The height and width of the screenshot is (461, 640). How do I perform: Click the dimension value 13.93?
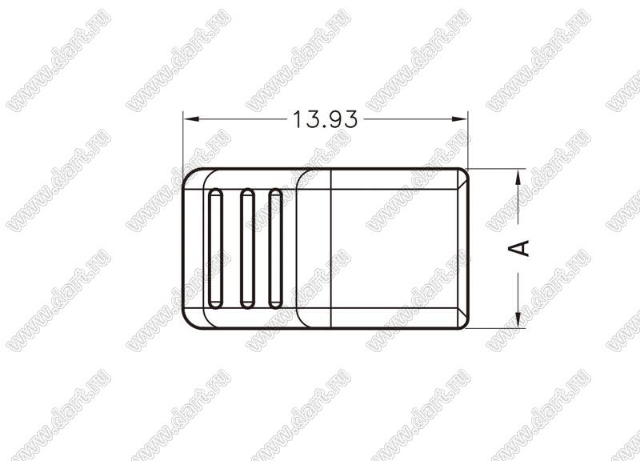[x=326, y=119]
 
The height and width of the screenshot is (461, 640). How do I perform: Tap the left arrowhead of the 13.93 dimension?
[x=191, y=119]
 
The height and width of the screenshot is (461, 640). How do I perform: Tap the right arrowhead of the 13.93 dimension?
[x=458, y=119]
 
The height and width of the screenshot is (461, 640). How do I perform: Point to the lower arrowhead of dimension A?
[x=518, y=319]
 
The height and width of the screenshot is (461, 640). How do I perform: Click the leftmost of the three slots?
[x=215, y=248]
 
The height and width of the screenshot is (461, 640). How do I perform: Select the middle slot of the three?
[x=247, y=248]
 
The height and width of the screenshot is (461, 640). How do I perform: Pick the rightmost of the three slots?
[x=275, y=248]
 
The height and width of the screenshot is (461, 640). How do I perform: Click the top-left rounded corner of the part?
[x=188, y=174]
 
